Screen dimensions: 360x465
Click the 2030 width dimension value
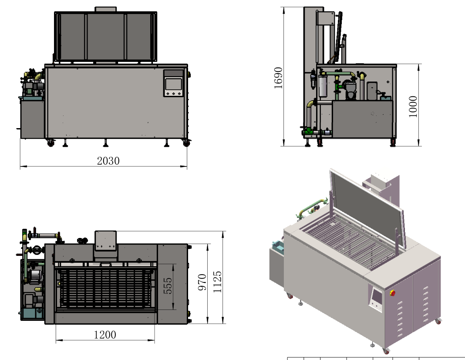tap(108, 161)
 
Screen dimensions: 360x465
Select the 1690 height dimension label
tap(278, 78)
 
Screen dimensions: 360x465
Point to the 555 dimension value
tap(168, 285)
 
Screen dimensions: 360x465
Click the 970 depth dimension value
tap(202, 283)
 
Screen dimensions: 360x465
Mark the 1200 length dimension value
tap(105, 335)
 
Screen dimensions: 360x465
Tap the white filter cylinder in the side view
tap(323, 86)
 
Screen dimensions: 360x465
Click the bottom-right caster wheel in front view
tap(186, 143)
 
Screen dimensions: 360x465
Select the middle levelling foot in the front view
tap(105, 143)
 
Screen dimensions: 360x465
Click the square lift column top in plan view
tap(106, 240)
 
